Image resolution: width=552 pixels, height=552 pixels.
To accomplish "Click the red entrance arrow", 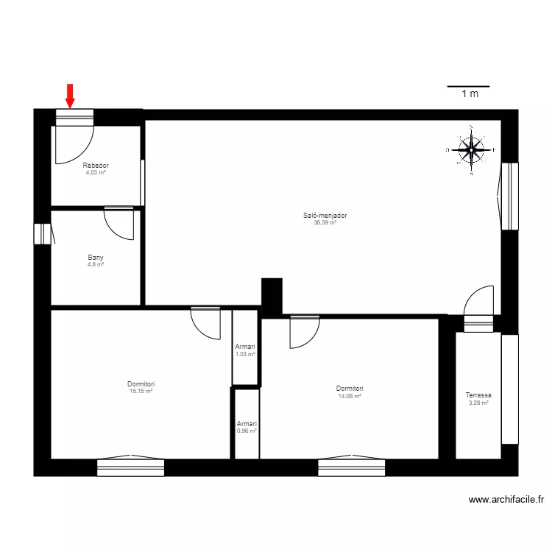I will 70,95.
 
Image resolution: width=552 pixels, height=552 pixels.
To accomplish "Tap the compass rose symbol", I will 471,150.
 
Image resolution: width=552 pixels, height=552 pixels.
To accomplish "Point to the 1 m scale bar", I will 468,87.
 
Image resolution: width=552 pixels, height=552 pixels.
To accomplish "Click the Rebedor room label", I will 96,166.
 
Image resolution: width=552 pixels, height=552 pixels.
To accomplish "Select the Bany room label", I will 96,258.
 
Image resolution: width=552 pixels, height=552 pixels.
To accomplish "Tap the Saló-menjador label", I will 325,216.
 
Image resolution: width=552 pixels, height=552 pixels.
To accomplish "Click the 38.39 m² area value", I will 325,222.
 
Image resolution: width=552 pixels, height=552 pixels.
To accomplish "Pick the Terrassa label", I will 478,395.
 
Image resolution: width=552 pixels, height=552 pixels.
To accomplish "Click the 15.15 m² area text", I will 141,391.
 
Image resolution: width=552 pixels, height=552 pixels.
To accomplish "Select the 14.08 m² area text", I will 350,396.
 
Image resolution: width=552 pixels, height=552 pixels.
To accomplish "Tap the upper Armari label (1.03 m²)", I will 245,347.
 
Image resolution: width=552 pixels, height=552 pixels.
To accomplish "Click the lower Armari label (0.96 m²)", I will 247,424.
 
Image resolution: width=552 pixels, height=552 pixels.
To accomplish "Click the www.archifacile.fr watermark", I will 506,500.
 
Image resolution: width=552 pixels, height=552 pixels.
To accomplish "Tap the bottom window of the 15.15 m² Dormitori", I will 130,467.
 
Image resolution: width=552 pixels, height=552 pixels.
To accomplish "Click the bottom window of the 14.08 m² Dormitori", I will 351,467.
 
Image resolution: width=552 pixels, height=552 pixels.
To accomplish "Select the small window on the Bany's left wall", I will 42,233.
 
